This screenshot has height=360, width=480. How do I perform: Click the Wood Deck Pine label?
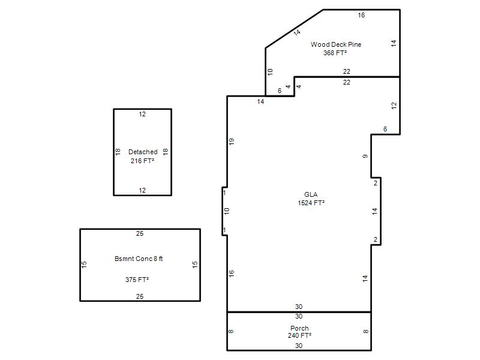coord(336,44)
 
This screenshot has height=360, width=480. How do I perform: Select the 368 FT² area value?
coord(335,53)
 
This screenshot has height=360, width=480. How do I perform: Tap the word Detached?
coord(143,152)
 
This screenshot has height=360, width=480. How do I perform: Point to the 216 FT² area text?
coord(142,161)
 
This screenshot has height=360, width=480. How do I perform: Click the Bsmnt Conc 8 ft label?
coord(139,259)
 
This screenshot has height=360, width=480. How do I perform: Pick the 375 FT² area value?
coord(137,280)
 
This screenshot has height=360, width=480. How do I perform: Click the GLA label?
coord(311,194)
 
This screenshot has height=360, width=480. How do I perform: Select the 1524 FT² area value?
coord(311,203)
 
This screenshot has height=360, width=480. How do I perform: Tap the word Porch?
coord(299,328)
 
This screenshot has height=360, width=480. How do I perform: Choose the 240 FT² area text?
coord(299,335)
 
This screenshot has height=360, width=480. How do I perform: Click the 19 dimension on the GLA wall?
coord(232,142)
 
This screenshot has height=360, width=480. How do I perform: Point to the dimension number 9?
coord(365,157)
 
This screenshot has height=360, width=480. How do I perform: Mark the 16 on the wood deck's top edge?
coord(361,15)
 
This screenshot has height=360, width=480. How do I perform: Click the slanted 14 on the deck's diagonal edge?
coord(296,32)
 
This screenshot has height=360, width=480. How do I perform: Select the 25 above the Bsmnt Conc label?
coord(140,233)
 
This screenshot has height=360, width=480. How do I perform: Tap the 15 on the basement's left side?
coord(84,265)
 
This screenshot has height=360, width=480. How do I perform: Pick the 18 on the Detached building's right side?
coord(166,152)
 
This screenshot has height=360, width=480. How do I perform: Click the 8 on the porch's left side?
coord(231,331)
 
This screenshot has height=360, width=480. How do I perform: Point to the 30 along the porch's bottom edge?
coord(299,346)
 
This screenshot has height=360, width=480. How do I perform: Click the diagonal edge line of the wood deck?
coord(294,29)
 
